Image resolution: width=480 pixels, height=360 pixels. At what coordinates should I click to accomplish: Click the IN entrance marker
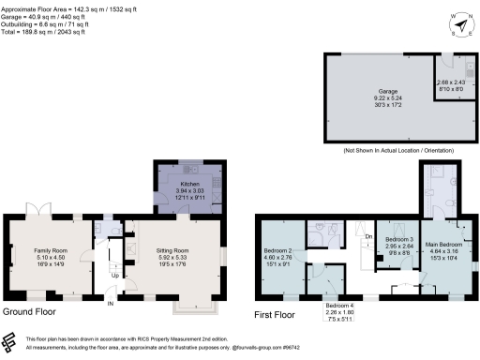click(110, 304)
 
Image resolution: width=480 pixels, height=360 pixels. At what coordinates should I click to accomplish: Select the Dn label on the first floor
click(368, 237)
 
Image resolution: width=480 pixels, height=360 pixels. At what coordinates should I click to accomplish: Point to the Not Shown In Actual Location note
click(399, 150)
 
